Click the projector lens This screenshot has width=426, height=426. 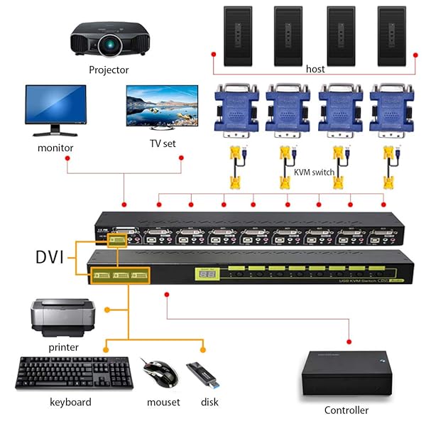pos(109,46)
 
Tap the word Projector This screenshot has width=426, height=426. pos(109,70)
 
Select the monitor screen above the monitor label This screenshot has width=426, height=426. pos(55,106)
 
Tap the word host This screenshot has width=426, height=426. pos(315,69)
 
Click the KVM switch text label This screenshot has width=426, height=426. pos(314,172)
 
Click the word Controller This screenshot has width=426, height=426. pos(346,410)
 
